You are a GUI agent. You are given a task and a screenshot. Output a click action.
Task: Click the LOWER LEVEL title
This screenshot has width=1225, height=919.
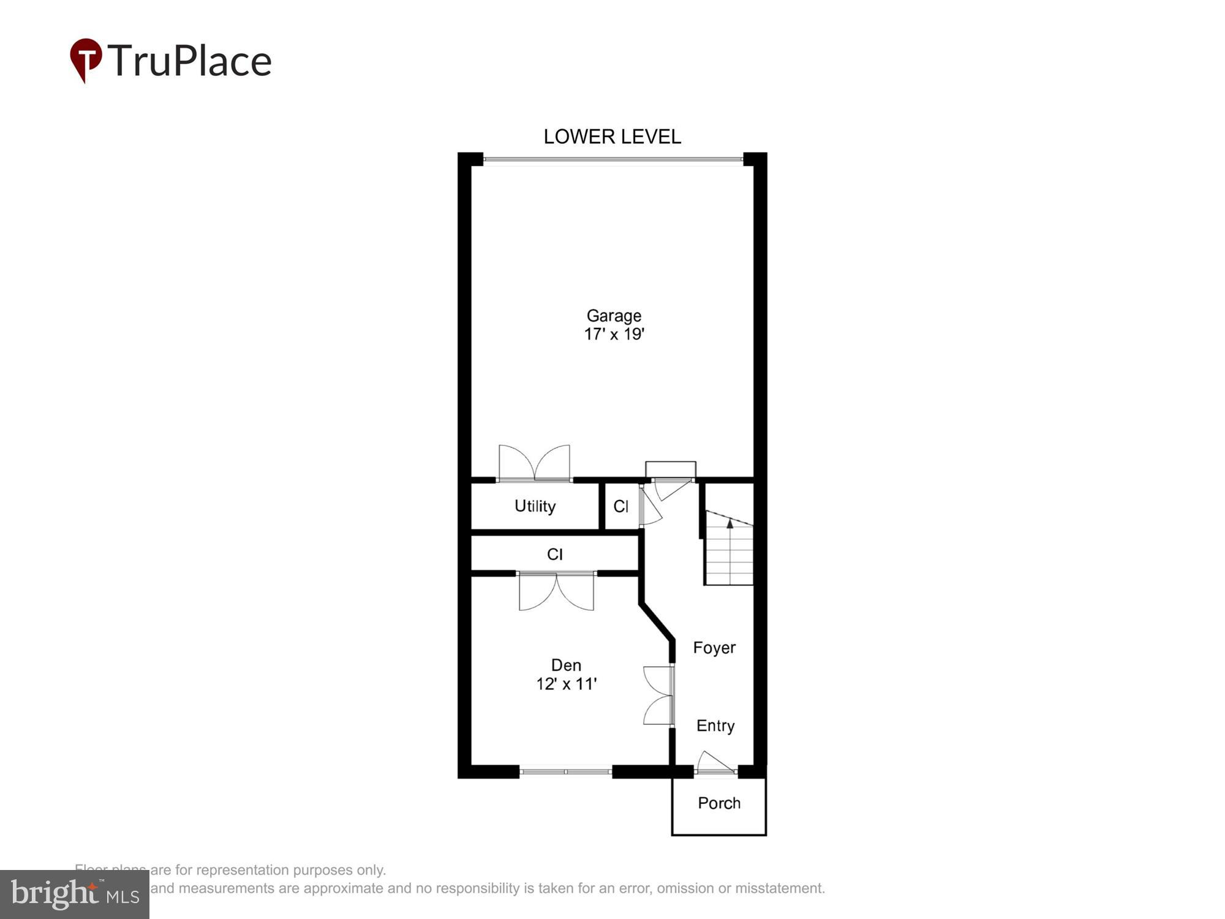612,137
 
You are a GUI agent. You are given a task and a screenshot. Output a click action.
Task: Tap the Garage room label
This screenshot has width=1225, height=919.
614,316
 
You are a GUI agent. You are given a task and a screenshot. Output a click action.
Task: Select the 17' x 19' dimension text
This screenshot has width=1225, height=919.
614,335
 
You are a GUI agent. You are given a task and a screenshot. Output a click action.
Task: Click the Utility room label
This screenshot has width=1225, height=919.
535,506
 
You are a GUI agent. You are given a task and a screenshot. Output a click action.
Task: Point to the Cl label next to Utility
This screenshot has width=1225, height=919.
620,506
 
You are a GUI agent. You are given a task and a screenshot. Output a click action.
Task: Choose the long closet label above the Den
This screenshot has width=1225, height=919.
554,554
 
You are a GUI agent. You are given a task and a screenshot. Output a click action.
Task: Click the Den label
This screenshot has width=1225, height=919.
566,665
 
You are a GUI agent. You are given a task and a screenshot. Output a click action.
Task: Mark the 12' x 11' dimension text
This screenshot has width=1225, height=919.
566,684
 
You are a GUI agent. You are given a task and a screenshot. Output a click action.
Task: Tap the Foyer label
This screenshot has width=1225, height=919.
714,648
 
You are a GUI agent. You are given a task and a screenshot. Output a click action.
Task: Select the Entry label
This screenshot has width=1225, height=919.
715,725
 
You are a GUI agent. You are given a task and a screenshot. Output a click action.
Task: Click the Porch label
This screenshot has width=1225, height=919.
719,803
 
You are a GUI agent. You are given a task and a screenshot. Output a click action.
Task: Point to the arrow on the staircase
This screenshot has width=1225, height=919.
729,524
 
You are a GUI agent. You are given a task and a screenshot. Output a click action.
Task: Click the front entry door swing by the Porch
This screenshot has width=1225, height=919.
715,763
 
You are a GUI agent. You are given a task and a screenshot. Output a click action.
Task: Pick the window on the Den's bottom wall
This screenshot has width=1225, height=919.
565,772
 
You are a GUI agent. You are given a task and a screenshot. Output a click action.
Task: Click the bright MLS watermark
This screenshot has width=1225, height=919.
75,894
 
